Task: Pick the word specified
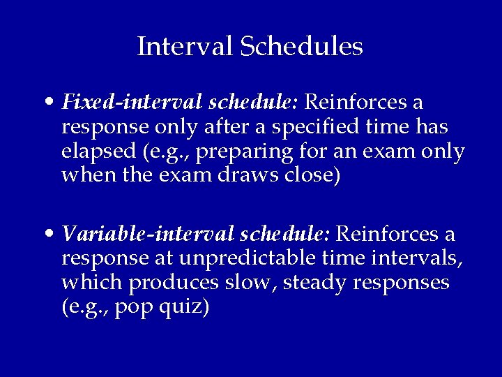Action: pyautogui.click(x=324, y=128)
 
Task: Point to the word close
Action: pyautogui.click(x=315, y=175)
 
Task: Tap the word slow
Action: pyautogui.click(x=244, y=282)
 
